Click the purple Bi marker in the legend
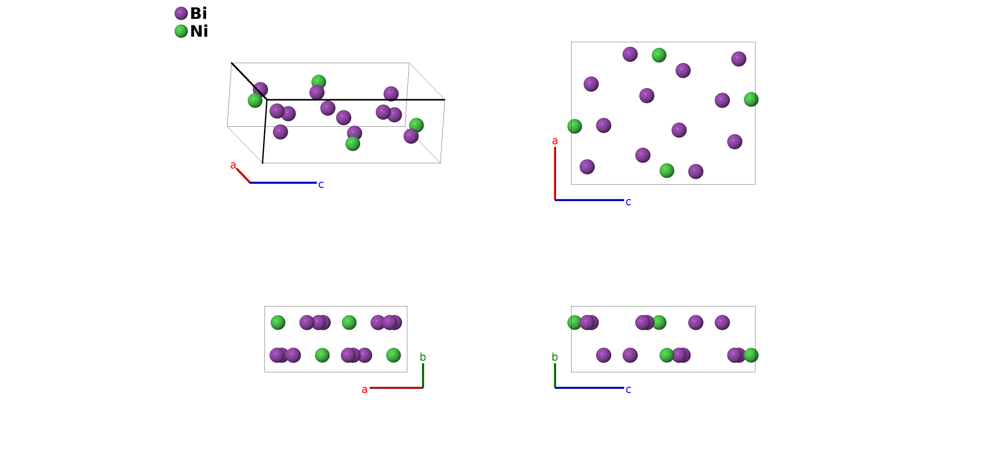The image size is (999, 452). (181, 13)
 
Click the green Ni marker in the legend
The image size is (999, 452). (181, 31)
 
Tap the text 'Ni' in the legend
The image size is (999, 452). (199, 31)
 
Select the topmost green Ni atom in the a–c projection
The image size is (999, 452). (659, 55)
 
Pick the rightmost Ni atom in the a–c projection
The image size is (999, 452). (751, 99)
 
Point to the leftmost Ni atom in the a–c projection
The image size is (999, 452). (575, 126)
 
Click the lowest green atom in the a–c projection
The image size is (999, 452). (666, 170)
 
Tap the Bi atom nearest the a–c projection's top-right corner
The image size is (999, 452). (739, 59)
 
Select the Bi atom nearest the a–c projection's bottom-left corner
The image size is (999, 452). (587, 167)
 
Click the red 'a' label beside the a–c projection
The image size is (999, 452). (555, 141)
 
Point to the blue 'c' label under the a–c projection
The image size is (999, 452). (628, 202)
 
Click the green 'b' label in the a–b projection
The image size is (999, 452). (423, 357)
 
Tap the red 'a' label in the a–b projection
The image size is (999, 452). (365, 390)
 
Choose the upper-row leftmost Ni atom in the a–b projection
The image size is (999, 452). (278, 323)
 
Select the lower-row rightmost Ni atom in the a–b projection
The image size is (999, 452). (394, 355)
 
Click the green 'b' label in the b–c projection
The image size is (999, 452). (555, 357)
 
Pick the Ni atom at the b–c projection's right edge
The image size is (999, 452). (751, 355)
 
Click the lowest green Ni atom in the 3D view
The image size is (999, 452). (353, 144)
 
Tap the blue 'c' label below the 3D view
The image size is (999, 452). (321, 185)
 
